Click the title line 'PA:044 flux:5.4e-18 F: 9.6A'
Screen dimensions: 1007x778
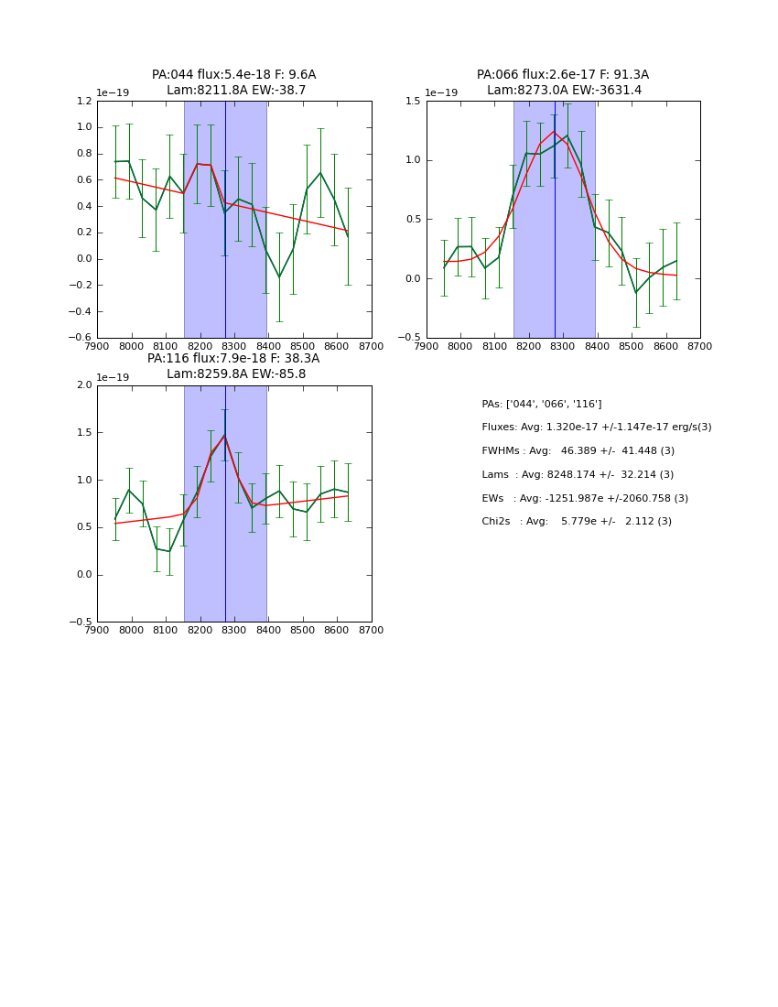[233, 75]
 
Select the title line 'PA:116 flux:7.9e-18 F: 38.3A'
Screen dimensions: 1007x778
[233, 359]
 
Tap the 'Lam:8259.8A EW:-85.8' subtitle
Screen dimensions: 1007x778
[236, 374]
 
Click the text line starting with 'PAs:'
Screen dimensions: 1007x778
[542, 404]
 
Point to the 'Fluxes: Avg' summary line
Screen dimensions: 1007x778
[596, 428]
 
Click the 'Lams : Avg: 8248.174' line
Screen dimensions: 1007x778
[578, 474]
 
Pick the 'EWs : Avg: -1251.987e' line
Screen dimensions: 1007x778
[585, 498]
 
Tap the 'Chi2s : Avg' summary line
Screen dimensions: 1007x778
[577, 522]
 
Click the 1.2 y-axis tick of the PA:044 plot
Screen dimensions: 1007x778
[81, 102]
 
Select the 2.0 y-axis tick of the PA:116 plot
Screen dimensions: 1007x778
[81, 385]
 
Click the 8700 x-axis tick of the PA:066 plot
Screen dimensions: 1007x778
[700, 346]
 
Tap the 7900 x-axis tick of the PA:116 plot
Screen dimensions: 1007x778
[97, 630]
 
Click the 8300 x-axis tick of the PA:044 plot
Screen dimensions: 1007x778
[234, 346]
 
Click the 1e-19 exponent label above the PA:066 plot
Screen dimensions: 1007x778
[441, 93]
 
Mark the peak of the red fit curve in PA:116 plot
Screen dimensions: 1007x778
[224, 435]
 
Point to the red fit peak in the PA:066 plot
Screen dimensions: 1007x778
[554, 132]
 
